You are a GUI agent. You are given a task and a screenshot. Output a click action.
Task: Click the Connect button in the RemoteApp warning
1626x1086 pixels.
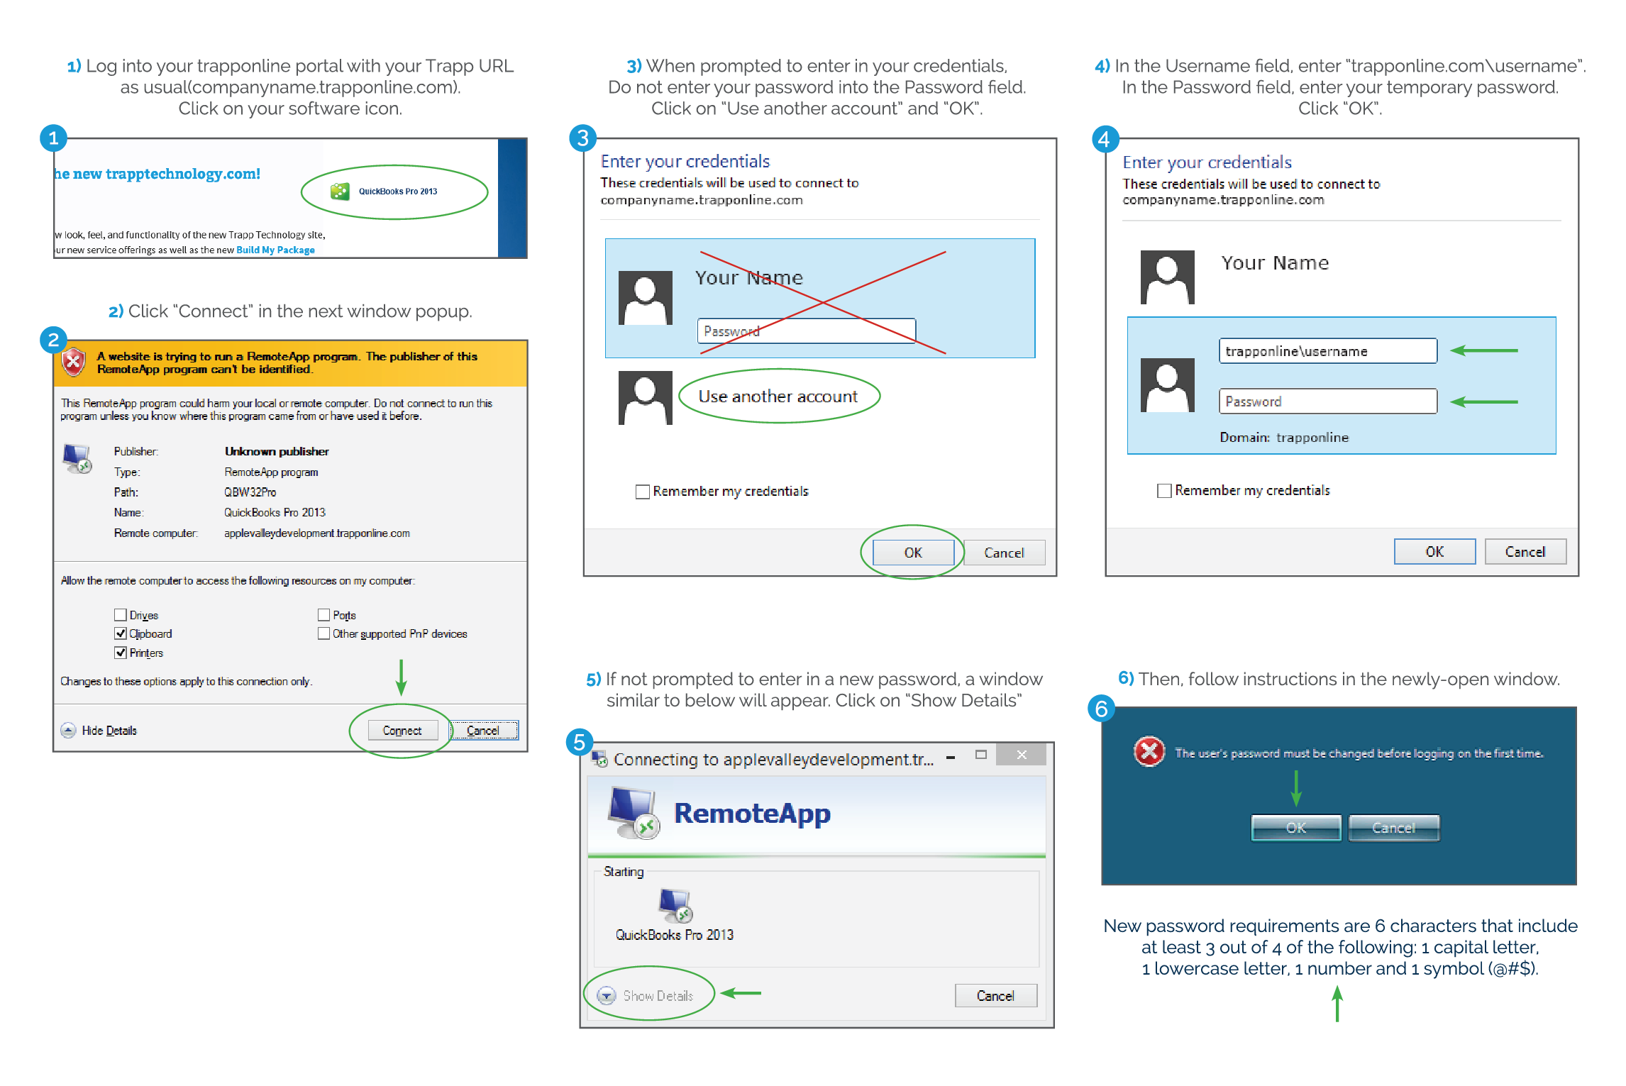(402, 730)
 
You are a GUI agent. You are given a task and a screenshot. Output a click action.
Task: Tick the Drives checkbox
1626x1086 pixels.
(121, 615)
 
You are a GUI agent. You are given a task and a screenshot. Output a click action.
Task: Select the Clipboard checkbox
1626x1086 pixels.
(121, 633)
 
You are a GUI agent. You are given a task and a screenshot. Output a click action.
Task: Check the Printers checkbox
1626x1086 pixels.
(121, 653)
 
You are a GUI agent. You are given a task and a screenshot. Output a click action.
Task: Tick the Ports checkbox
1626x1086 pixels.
(324, 615)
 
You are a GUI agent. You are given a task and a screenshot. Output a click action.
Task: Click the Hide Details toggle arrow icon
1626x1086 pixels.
(68, 730)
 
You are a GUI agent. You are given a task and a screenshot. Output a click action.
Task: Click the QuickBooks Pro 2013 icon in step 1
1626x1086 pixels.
(340, 192)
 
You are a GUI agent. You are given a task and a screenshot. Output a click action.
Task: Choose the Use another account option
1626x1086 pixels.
(778, 397)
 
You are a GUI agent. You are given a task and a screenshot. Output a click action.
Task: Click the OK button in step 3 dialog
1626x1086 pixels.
(912, 553)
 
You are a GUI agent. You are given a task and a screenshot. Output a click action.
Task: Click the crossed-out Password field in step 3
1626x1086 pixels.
(806, 331)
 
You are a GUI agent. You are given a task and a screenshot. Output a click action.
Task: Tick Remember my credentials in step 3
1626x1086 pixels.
(643, 492)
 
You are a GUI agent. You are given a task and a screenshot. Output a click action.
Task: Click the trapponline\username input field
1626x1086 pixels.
(1327, 351)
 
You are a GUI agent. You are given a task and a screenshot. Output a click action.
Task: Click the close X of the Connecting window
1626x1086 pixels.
(1021, 755)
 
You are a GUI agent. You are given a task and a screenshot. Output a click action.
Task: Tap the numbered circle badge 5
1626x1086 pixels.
(580, 742)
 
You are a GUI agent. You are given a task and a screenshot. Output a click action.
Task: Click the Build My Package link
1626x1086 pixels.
(275, 250)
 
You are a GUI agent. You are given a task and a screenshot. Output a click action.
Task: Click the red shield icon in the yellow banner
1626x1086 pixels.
(74, 362)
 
